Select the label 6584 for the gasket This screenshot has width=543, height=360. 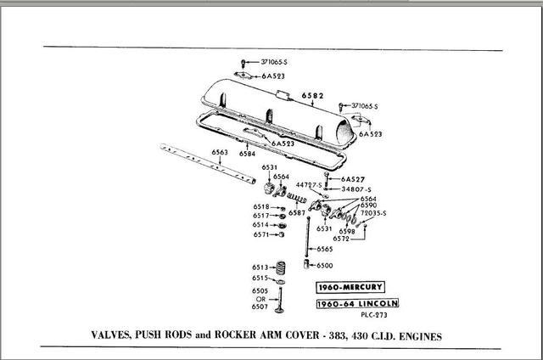247,155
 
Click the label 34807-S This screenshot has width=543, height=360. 357,188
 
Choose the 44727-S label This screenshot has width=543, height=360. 308,184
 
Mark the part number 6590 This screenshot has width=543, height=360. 369,205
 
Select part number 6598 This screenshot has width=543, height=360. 347,231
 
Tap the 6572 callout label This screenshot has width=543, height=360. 341,239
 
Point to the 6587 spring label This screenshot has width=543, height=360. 296,213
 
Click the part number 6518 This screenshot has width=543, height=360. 260,207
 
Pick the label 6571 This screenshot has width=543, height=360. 260,234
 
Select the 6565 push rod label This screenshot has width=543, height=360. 326,249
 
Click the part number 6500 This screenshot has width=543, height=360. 326,266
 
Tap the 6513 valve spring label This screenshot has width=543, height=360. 260,267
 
